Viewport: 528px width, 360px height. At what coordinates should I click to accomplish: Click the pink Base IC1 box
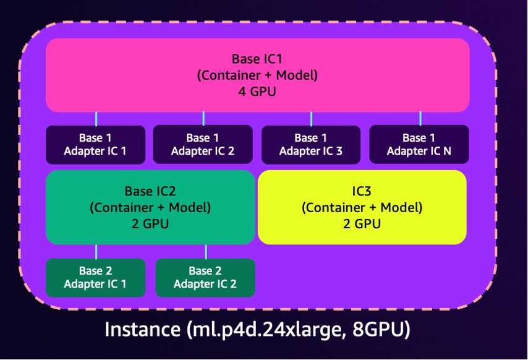pyautogui.click(x=257, y=75)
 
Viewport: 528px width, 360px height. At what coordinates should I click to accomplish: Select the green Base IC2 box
pyautogui.click(x=150, y=207)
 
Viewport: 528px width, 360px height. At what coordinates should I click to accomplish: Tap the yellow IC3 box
pyautogui.click(x=362, y=207)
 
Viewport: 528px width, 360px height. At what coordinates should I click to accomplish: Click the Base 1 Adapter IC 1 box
pyautogui.click(x=95, y=145)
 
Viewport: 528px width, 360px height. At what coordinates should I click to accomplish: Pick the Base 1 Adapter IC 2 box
pyautogui.click(x=203, y=145)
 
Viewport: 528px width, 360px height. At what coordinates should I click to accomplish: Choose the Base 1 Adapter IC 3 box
pyautogui.click(x=310, y=145)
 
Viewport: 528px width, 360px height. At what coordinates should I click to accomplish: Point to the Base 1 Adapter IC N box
pyautogui.click(x=419, y=145)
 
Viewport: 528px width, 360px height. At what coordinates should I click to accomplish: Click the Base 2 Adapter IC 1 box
pyautogui.click(x=95, y=278)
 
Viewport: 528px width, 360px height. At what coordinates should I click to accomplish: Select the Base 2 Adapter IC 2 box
pyautogui.click(x=205, y=278)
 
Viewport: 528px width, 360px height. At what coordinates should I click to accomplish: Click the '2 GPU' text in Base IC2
pyautogui.click(x=150, y=224)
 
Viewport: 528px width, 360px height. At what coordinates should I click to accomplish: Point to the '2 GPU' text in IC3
pyautogui.click(x=362, y=223)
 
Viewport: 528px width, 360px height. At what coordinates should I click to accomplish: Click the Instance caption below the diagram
pyautogui.click(x=257, y=330)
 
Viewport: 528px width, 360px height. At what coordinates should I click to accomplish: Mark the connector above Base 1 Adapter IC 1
pyautogui.click(x=96, y=119)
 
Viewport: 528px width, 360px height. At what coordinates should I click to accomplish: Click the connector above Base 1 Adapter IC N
pyautogui.click(x=420, y=119)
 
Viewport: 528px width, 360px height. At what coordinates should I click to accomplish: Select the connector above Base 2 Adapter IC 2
pyautogui.click(x=206, y=251)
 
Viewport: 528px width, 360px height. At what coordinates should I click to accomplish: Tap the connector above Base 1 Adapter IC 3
pyautogui.click(x=311, y=119)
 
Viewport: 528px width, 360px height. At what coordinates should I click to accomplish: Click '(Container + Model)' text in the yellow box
pyautogui.click(x=362, y=207)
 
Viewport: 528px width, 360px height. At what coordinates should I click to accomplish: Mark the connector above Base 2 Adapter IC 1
pyautogui.click(x=96, y=251)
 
